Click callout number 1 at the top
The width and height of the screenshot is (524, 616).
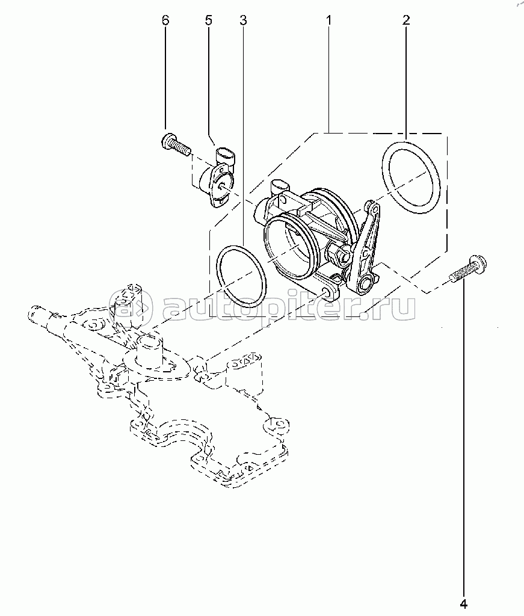coord(329,20)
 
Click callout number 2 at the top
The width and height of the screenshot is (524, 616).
coord(406,20)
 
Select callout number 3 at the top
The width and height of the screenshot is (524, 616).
coord(242,20)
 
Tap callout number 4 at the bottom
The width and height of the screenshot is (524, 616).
coord(464,603)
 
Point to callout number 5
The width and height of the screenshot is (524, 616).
coord(209,20)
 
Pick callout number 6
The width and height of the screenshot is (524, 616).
coord(165,20)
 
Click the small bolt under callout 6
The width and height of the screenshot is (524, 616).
coord(175,144)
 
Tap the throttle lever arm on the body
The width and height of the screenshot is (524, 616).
coord(366,247)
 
